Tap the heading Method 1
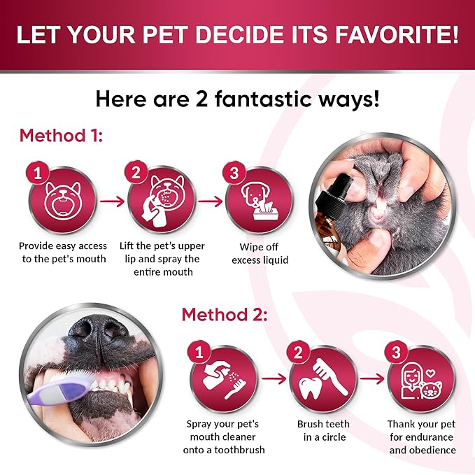click(61, 136)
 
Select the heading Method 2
click(225, 314)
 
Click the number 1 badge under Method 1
click(38, 173)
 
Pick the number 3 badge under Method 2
click(396, 353)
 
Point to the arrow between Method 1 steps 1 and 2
click(113, 201)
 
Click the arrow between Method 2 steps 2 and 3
click(372, 378)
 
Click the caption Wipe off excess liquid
click(260, 253)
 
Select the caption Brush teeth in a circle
click(323, 430)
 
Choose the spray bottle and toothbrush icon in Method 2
click(224, 379)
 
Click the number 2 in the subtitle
click(201, 99)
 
